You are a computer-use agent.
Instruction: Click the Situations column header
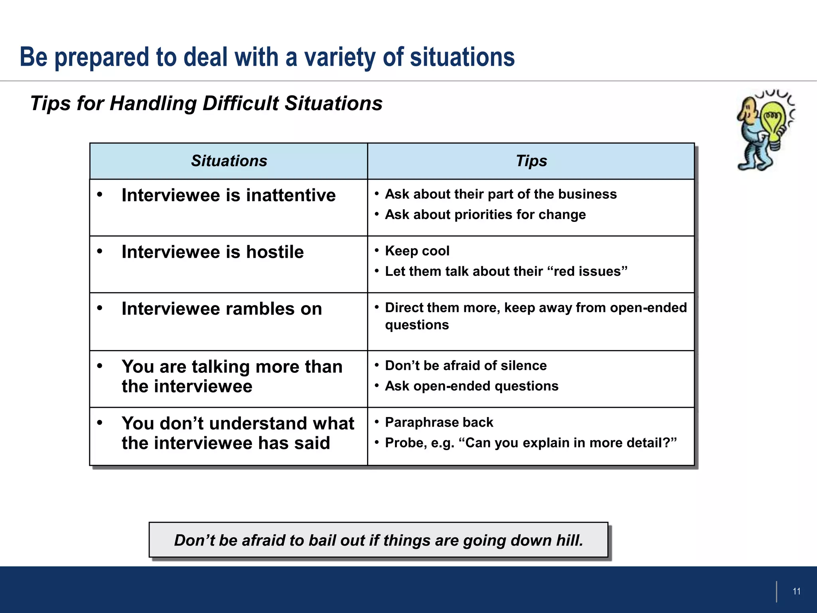tap(229, 161)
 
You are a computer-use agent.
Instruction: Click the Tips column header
tap(531, 161)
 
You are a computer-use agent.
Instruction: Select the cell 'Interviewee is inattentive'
tap(229, 196)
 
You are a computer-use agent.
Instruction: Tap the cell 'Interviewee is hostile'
tap(213, 252)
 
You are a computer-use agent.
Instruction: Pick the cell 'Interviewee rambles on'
tap(222, 309)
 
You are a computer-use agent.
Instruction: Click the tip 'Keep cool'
tap(417, 251)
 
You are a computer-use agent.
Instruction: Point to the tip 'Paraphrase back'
tap(439, 422)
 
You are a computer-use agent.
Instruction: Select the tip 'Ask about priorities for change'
tap(485, 215)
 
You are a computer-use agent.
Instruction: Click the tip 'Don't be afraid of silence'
tap(466, 366)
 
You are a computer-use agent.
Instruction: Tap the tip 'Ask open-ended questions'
tap(472, 386)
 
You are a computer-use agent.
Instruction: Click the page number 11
tap(796, 591)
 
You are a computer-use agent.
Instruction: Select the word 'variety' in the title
tap(340, 57)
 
